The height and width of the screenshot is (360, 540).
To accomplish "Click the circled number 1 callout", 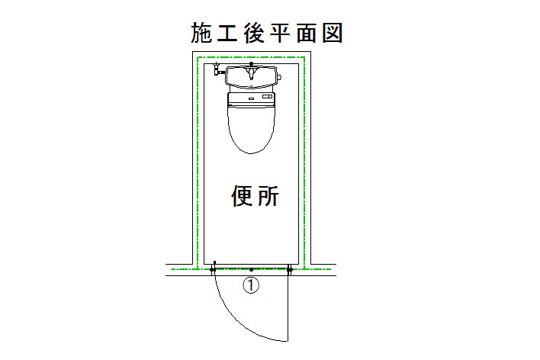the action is (x=251, y=285).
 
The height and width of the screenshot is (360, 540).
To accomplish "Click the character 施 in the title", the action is (x=201, y=33).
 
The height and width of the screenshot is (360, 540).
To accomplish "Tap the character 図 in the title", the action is (x=333, y=33).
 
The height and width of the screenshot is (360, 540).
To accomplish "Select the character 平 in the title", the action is (x=280, y=33).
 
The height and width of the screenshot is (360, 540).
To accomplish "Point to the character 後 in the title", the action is (x=254, y=33).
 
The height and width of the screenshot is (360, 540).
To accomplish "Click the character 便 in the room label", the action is (x=241, y=196).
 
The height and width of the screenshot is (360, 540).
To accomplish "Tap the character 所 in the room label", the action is (x=268, y=196).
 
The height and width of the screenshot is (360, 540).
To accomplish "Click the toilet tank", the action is (x=251, y=76).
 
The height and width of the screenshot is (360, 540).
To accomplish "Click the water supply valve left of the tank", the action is (x=217, y=69).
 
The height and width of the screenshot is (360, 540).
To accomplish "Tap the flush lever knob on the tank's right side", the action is (x=280, y=77).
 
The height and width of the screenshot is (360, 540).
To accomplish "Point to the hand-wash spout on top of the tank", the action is (x=252, y=72).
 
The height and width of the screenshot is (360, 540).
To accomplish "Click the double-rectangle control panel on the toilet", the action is (x=267, y=97).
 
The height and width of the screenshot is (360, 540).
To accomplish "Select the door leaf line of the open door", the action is (x=288, y=306).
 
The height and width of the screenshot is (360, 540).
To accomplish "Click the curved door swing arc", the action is (x=241, y=320).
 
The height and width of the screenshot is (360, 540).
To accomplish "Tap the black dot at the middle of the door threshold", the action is (x=251, y=270).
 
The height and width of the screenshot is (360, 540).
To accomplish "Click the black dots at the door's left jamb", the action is (x=213, y=270).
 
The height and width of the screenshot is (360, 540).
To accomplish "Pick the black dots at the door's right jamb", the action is (x=290, y=270).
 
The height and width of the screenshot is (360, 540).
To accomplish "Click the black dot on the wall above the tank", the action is (x=251, y=64).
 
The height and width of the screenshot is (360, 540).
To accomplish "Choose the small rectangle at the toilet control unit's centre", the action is (x=252, y=98).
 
